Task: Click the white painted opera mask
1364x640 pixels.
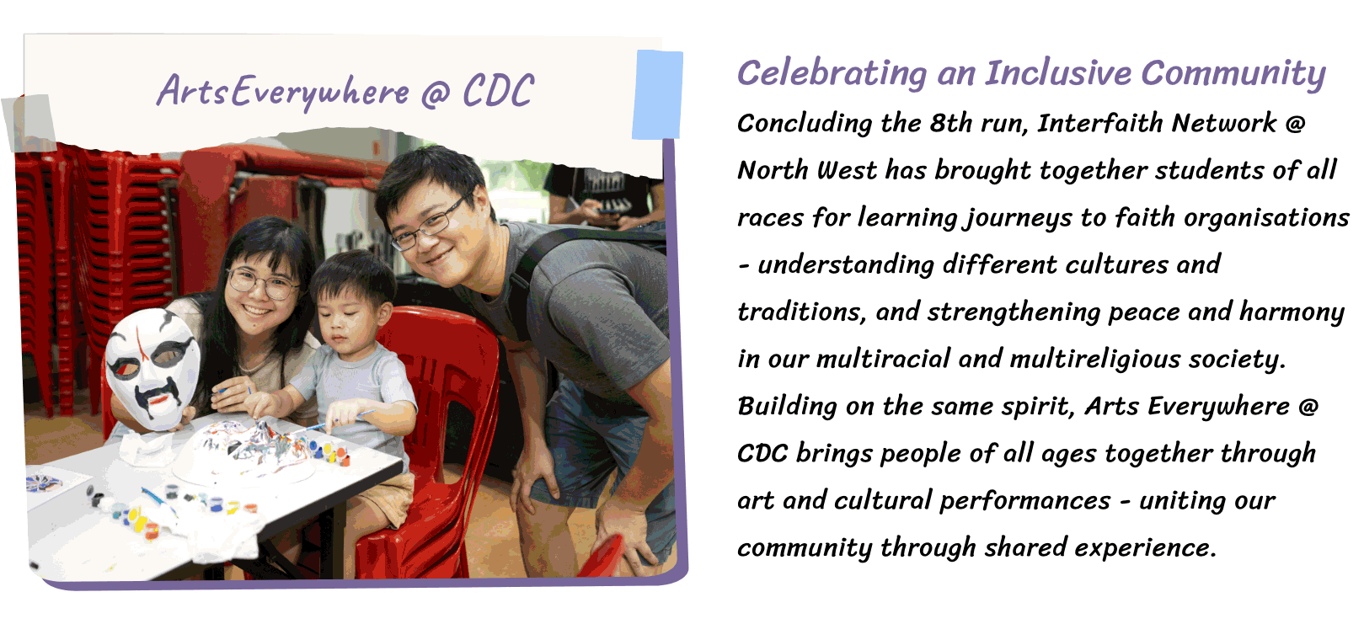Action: pos(152,367)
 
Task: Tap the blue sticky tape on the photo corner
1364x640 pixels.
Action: pos(658,95)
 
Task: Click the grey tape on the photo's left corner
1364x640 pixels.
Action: pos(30,123)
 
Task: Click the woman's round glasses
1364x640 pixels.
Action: pos(263,283)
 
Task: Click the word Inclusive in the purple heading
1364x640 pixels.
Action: pos(1058,73)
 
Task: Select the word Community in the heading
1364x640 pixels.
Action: pos(1233,75)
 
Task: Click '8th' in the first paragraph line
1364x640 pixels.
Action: pos(950,123)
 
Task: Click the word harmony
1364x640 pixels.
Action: pos(1292,312)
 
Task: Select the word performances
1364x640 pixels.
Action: pos(1025,502)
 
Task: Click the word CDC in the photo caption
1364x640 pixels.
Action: pos(498,91)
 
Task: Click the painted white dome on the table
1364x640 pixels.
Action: pos(243,452)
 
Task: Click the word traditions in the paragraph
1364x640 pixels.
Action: pos(801,312)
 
